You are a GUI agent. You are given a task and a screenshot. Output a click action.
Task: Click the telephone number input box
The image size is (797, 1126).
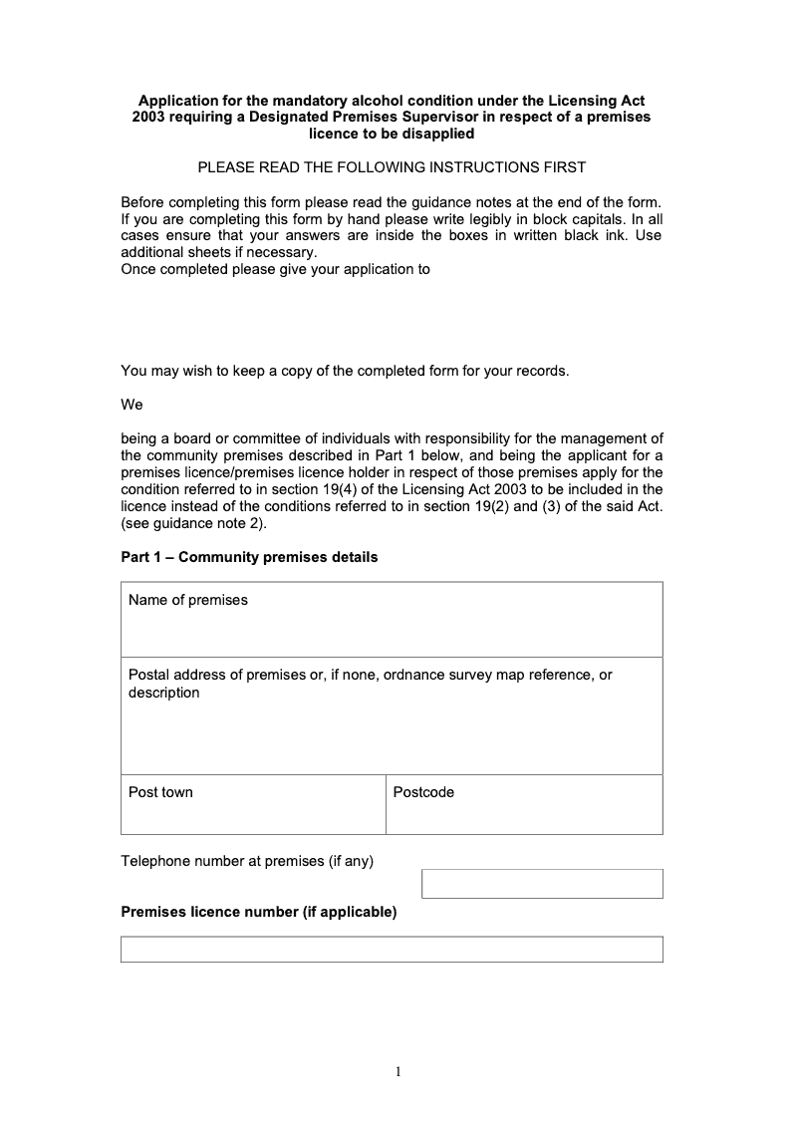[542, 884]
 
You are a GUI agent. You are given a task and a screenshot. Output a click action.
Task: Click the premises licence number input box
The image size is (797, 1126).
[392, 949]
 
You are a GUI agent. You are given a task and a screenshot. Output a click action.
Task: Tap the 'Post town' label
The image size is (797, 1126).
[160, 792]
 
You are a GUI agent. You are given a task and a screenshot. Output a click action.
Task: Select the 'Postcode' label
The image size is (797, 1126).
[423, 792]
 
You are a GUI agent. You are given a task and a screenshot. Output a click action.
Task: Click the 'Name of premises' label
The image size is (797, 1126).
[188, 600]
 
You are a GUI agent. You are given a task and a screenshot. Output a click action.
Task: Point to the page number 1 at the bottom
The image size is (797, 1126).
[398, 1072]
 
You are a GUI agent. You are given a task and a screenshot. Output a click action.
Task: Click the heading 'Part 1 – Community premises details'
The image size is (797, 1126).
[249, 557]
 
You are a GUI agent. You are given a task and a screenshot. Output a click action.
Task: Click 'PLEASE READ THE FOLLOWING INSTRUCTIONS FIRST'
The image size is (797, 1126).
[392, 167]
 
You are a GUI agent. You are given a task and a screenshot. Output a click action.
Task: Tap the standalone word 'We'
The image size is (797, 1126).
[132, 405]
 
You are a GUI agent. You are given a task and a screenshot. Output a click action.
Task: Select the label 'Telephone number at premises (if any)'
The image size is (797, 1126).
[247, 861]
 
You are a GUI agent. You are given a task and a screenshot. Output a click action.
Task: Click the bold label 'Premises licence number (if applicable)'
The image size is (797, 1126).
[259, 912]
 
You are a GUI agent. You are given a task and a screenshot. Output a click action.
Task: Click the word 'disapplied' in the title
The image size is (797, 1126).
[434, 134]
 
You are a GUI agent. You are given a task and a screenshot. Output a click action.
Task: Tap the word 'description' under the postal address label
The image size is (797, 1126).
[163, 693]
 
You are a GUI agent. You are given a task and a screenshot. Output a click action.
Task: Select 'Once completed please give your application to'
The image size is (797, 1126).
[275, 269]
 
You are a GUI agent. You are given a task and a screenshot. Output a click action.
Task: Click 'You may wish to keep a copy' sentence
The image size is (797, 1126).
[345, 371]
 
